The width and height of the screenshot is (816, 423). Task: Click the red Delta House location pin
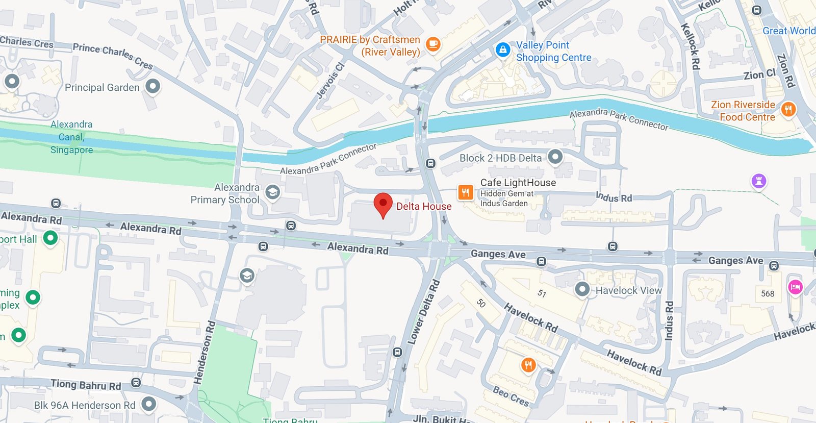[383, 204]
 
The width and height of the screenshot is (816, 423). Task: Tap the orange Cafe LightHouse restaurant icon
[465, 192]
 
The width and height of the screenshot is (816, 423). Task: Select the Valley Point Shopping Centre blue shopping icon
[503, 50]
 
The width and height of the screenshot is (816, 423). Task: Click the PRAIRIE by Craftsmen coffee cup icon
[433, 44]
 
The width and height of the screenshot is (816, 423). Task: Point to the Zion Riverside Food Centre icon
[788, 109]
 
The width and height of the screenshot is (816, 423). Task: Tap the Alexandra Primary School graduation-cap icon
[273, 192]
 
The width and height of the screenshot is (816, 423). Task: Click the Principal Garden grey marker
[152, 86]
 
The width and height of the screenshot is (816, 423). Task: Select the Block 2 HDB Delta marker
[555, 157]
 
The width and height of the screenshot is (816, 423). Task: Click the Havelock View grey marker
[582, 289]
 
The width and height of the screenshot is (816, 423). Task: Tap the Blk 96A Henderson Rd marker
[148, 404]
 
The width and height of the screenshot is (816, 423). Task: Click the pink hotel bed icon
[795, 287]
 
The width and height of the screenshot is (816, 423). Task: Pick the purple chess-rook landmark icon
[759, 181]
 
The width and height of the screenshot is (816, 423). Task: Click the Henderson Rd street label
[205, 352]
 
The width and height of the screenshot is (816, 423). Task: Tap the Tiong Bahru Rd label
[86, 384]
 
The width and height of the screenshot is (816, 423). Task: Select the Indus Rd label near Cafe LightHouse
[614, 197]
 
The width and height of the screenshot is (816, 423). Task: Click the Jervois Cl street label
[330, 80]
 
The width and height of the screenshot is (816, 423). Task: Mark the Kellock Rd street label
[691, 46]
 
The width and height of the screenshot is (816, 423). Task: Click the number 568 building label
[768, 293]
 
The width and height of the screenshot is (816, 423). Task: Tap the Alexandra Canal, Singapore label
[71, 137]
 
